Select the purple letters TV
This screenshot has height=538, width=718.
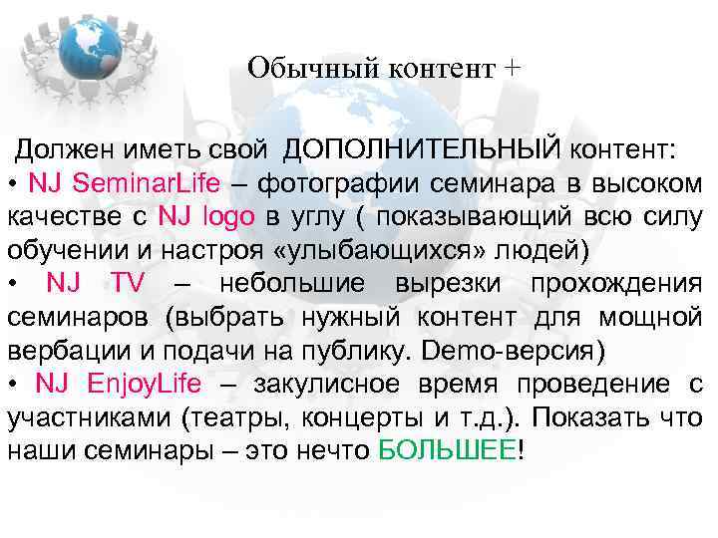click(x=129, y=283)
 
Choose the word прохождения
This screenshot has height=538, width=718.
click(x=617, y=283)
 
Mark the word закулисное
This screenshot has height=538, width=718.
click(x=323, y=385)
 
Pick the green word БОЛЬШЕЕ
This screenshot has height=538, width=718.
click(x=449, y=450)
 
